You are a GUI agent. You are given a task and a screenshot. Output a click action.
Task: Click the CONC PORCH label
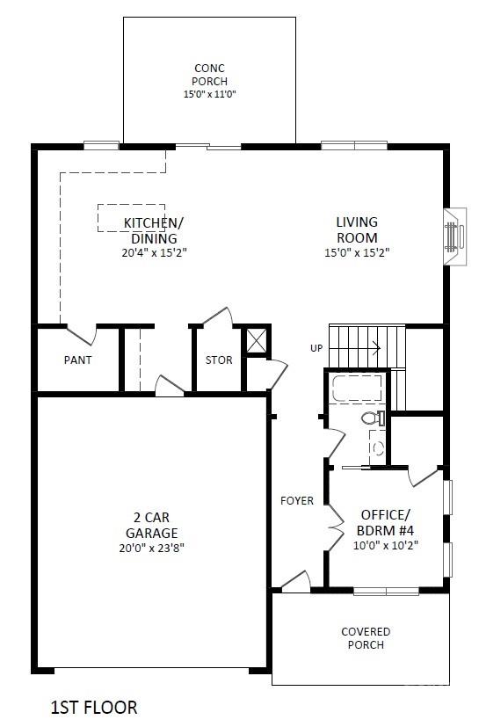210,75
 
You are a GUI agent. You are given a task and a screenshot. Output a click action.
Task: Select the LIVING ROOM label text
357,230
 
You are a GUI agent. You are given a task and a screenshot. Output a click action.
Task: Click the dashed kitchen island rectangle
130,217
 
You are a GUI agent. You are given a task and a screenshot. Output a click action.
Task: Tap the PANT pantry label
77,360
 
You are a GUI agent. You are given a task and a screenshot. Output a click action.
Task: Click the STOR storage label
219,360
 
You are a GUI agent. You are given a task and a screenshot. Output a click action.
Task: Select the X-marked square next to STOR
256,340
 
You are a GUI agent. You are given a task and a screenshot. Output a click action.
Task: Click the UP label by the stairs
316,348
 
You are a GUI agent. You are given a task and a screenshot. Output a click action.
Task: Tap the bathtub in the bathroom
357,389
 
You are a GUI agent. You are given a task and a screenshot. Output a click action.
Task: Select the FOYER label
297,501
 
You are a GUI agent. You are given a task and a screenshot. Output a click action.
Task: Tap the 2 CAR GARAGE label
150,526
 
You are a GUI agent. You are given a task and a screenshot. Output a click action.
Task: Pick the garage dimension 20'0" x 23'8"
150,547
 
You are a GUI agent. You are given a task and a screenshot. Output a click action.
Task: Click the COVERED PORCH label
366,638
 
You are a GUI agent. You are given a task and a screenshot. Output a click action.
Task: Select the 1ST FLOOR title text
94,707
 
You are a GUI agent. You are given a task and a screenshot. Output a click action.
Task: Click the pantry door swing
83,335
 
